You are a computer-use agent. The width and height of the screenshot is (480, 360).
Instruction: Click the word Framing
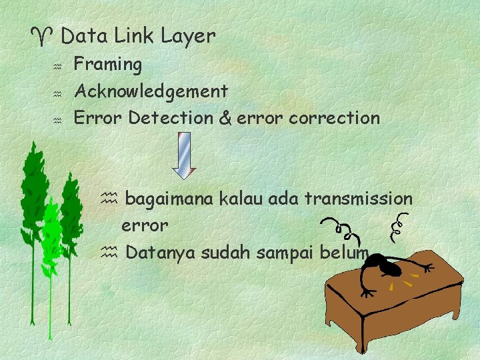coord(107,65)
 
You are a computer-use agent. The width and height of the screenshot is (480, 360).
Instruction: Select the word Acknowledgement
coord(151,91)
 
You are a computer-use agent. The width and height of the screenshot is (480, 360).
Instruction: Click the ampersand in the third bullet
coord(225,119)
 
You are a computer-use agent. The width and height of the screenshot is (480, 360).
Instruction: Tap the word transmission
coord(359,199)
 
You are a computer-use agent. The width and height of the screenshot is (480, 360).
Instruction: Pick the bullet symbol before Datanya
coord(109,253)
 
